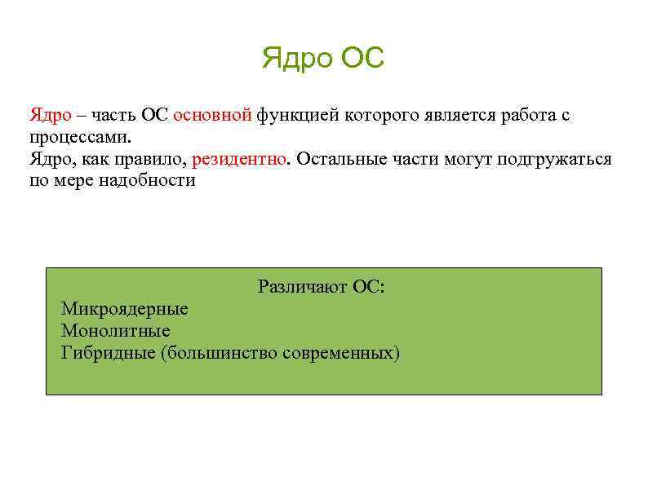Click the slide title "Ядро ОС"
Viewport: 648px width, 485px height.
click(323, 59)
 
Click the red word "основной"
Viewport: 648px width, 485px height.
click(212, 115)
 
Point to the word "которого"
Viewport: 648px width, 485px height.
click(382, 115)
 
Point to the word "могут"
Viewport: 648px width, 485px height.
click(467, 158)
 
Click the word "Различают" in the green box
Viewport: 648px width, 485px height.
click(302, 287)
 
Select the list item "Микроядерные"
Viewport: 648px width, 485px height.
click(124, 309)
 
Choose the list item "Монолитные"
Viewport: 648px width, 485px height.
click(115, 331)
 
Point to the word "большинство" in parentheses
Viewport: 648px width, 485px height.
click(220, 353)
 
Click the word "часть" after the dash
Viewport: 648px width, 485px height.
click(118, 115)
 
